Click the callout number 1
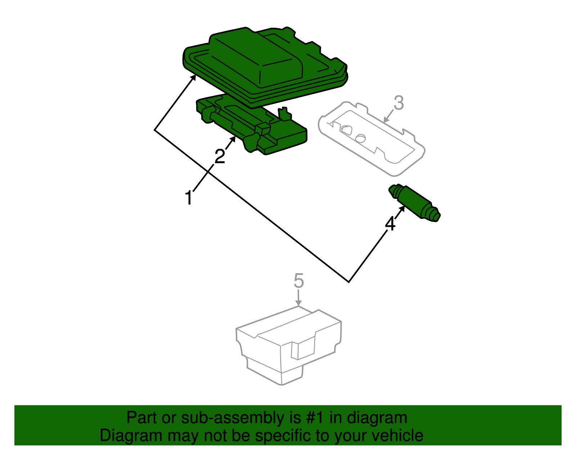[x=189, y=198]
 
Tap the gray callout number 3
[x=399, y=103]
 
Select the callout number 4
[x=390, y=224]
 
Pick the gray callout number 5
[x=299, y=281]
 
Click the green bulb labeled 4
[x=414, y=203]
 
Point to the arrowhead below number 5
[x=298, y=304]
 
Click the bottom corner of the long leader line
[x=348, y=282]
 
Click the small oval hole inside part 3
[x=360, y=137]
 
